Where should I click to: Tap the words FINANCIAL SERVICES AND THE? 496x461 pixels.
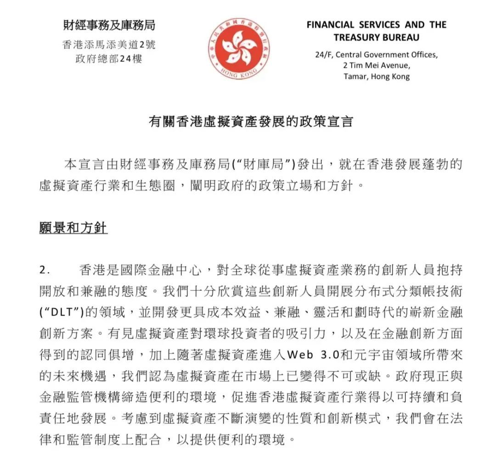[x=377, y=25]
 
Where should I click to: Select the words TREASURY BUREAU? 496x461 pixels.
[x=377, y=37]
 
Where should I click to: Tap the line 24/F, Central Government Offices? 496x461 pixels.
[x=377, y=55]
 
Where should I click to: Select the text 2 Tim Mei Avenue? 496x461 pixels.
[x=377, y=66]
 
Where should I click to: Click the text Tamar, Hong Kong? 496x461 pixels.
[x=377, y=77]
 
